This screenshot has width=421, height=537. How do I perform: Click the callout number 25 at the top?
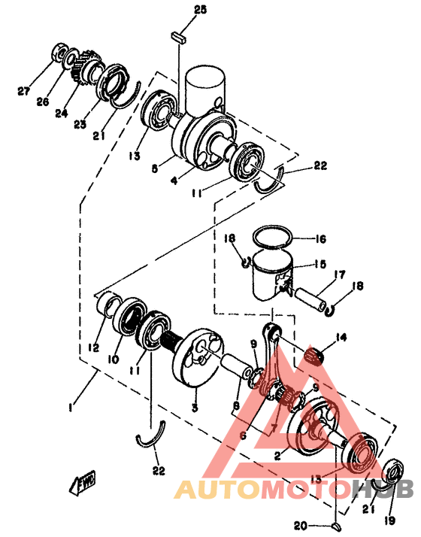point(178,9)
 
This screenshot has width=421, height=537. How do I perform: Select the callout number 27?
point(24,92)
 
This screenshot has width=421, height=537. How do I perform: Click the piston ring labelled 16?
point(271,236)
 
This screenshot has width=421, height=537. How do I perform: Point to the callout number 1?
point(70,407)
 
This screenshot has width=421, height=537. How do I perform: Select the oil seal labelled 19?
point(393,475)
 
